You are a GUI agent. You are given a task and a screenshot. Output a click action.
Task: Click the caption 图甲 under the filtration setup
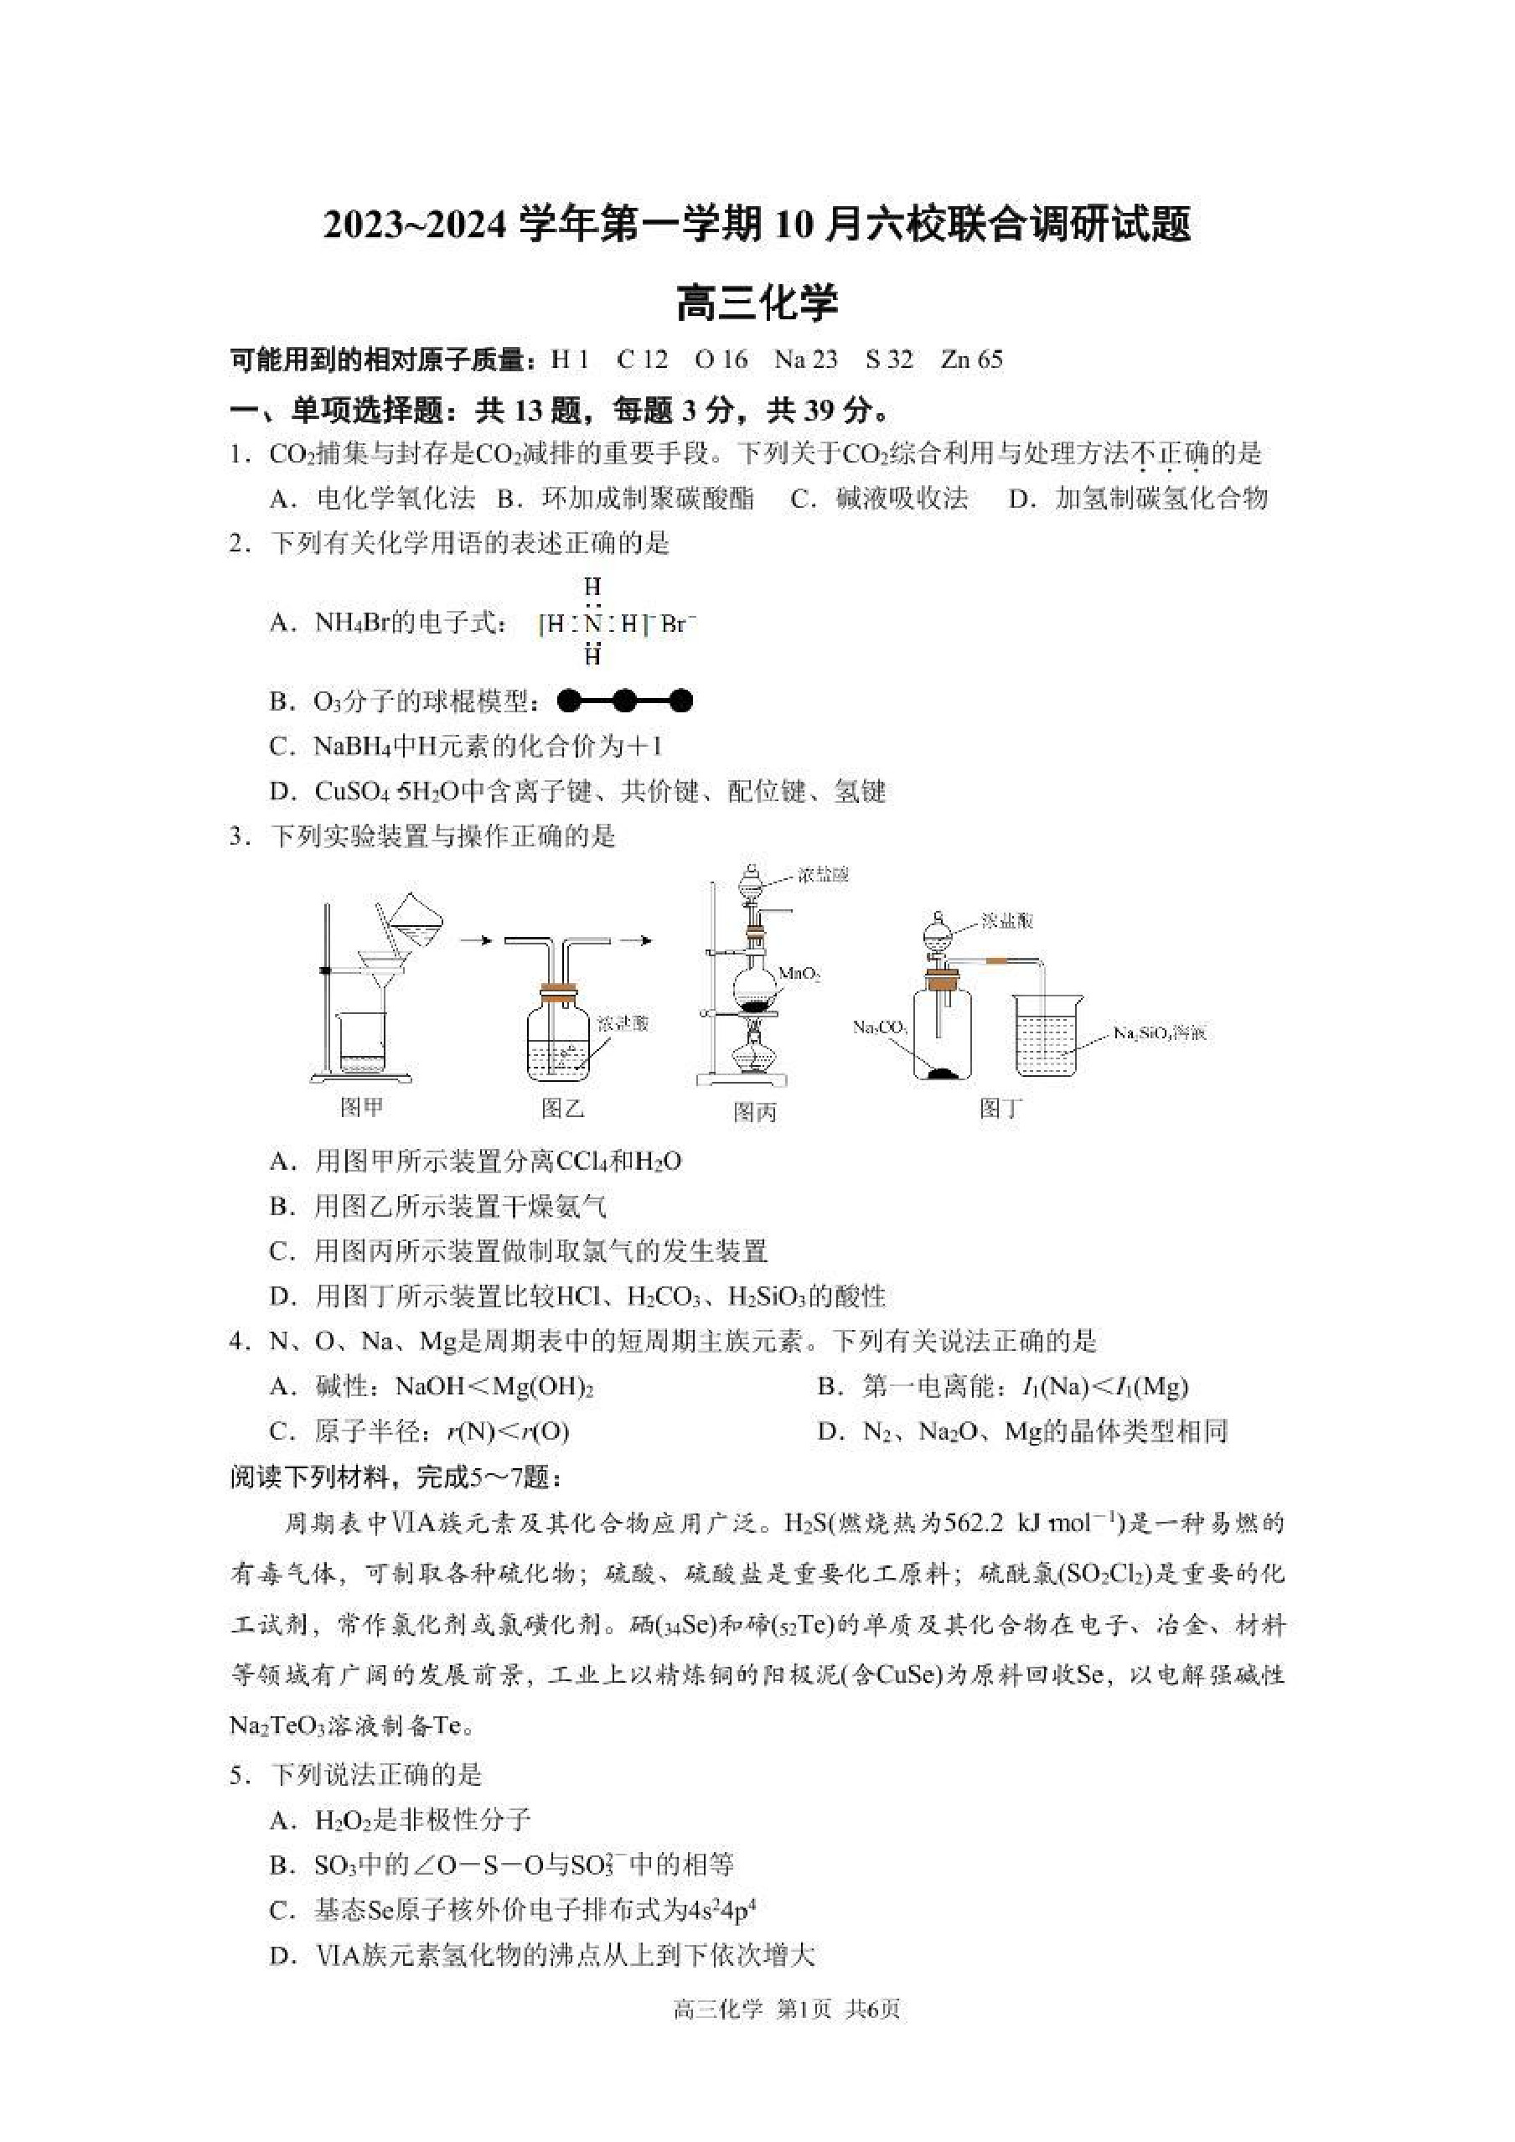(x=362, y=1107)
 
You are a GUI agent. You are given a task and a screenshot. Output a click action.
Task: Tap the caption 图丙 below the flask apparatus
(x=755, y=1112)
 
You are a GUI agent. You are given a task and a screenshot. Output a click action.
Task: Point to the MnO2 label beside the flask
(x=799, y=974)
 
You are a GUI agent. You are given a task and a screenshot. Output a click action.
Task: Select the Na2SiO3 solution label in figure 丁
(x=1160, y=1033)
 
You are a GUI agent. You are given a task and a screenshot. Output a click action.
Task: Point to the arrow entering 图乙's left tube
(x=477, y=940)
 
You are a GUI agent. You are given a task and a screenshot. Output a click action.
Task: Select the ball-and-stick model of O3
(x=624, y=701)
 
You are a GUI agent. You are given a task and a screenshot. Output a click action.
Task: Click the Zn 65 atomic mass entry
(x=971, y=360)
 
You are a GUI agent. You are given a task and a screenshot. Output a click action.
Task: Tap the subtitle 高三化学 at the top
(x=757, y=303)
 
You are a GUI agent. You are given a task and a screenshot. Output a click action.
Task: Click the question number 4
(x=237, y=1342)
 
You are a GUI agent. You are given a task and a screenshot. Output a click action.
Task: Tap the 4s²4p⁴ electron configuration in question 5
(x=720, y=1909)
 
